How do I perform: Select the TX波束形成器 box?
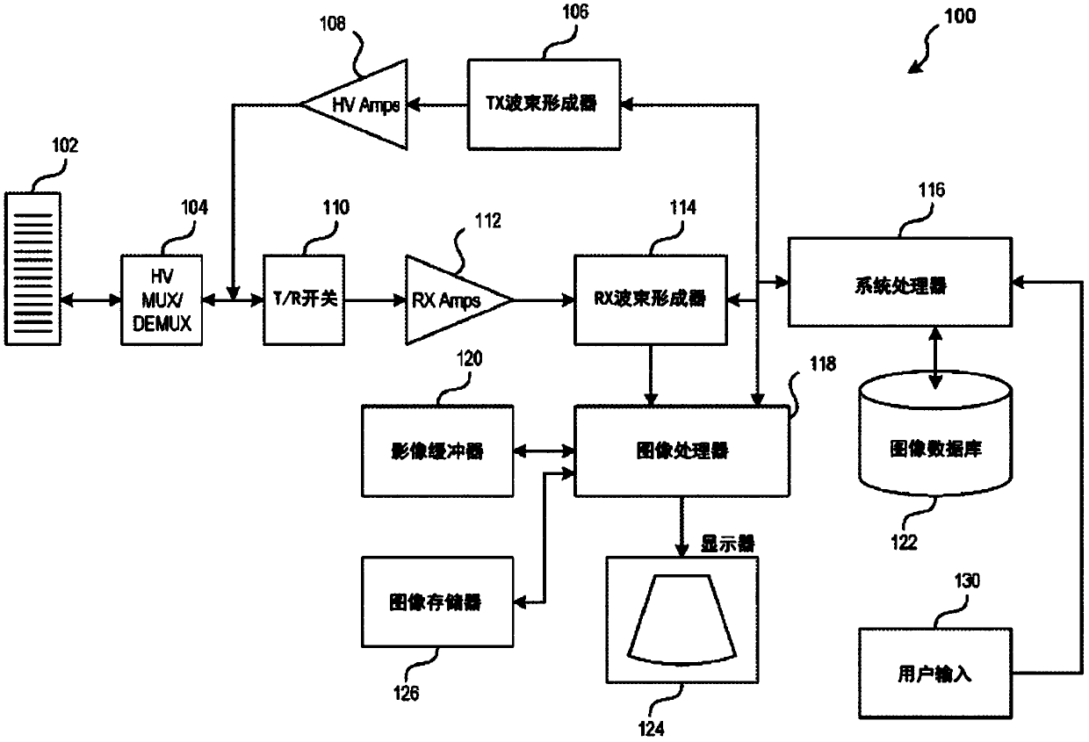tap(544, 104)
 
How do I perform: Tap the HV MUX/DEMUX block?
tap(162, 300)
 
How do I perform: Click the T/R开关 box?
tap(304, 300)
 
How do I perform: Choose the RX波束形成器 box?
tap(651, 300)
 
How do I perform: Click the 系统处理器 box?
tap(900, 282)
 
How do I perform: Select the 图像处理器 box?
tap(682, 450)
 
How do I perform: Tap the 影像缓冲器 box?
tap(437, 450)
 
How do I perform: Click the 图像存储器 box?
tap(437, 602)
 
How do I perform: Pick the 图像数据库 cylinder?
tap(935, 434)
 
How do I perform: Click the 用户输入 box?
tap(935, 674)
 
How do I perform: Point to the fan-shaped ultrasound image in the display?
tap(682, 620)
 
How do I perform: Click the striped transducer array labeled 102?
tap(32, 269)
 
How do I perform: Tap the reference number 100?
tap(960, 17)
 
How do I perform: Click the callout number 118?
tap(823, 364)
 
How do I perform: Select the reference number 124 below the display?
tap(651, 729)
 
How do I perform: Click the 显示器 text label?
tap(727, 544)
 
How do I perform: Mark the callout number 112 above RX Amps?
tap(487, 220)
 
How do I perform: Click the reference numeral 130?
tap(967, 580)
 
